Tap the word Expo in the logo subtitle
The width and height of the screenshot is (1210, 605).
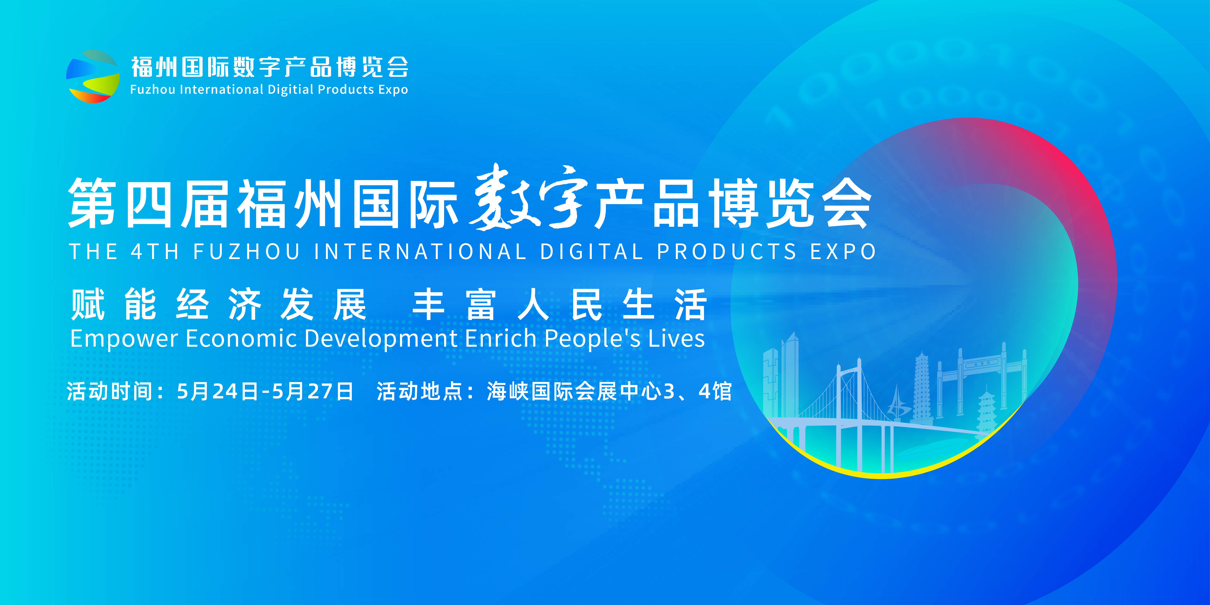393,90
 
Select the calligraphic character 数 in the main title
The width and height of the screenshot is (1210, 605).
503,197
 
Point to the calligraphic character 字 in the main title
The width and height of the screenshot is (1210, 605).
564,197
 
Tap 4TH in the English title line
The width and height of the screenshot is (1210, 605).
155,251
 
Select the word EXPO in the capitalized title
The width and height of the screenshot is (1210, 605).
843,251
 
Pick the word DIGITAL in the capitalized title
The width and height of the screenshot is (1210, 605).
591,251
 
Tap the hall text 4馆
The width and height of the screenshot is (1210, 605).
715,391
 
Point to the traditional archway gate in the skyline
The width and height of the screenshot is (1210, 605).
982,380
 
